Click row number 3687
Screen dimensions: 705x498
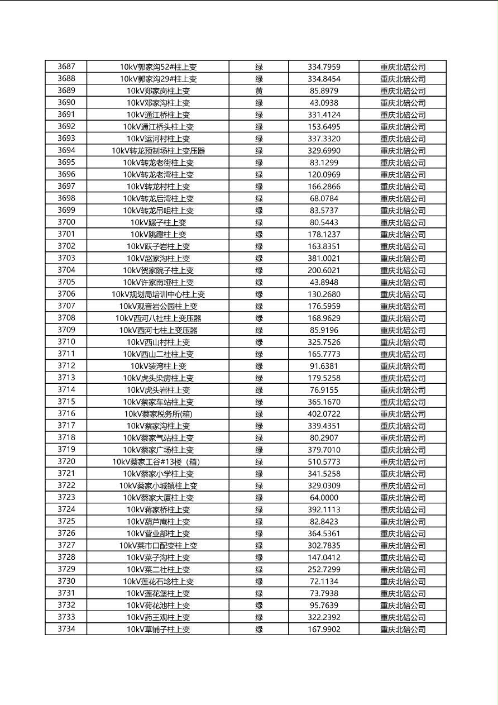(x=66, y=66)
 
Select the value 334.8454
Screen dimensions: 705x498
(x=324, y=79)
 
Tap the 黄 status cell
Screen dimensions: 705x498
(x=259, y=90)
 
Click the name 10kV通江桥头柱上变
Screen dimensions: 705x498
(x=158, y=127)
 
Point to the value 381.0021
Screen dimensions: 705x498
(x=324, y=258)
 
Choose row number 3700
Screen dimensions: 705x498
(x=66, y=222)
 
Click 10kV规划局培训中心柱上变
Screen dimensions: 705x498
(x=158, y=294)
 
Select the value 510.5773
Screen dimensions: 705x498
(x=324, y=462)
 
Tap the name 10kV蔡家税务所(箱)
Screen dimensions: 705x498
(x=158, y=414)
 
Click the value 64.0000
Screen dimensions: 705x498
(x=324, y=498)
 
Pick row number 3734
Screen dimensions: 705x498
(x=66, y=629)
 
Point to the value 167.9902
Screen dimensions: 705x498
(x=324, y=629)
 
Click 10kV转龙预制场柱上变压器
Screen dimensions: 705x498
(x=158, y=151)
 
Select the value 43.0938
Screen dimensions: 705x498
(x=324, y=103)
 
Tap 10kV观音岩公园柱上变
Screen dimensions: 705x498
(x=158, y=306)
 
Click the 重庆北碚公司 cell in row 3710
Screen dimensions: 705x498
(x=403, y=342)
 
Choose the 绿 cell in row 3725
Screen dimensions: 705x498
(x=259, y=522)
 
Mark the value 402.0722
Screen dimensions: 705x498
(x=324, y=414)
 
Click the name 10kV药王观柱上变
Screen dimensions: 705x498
(x=158, y=617)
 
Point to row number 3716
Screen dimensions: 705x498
(x=66, y=414)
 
